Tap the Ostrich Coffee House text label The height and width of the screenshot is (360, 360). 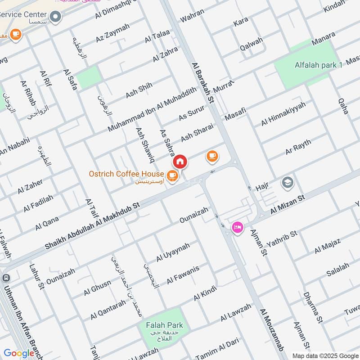126,174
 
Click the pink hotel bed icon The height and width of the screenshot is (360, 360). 236,227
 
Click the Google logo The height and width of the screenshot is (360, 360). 19,353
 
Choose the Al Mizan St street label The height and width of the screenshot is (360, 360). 288,204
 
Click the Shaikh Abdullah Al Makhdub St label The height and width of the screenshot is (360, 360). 93,225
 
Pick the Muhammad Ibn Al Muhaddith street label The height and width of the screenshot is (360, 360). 152,109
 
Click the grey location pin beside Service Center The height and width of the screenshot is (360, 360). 56,17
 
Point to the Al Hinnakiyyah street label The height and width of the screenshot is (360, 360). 283,114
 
